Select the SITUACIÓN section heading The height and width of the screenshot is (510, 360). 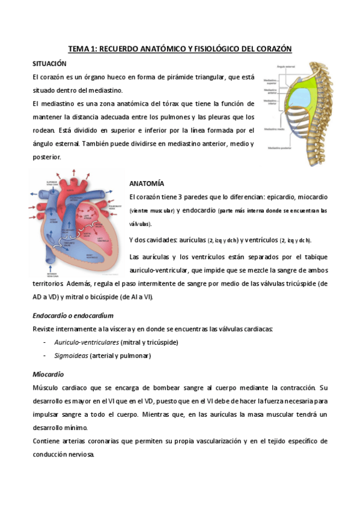point(49,63)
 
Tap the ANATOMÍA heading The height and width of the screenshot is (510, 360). point(147,183)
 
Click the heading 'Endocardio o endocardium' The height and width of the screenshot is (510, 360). point(73,315)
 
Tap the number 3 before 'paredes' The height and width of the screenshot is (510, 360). point(178,197)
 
